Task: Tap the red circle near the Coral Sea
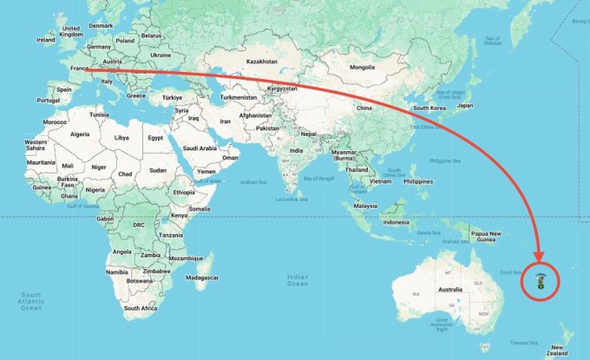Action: (x=542, y=279)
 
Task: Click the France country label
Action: (x=78, y=66)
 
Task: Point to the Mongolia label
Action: (x=361, y=67)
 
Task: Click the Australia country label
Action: (x=449, y=288)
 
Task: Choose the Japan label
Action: (x=464, y=105)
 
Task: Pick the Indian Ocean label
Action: (x=298, y=280)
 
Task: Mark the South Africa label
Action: (x=140, y=308)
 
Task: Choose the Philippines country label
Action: (x=417, y=181)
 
